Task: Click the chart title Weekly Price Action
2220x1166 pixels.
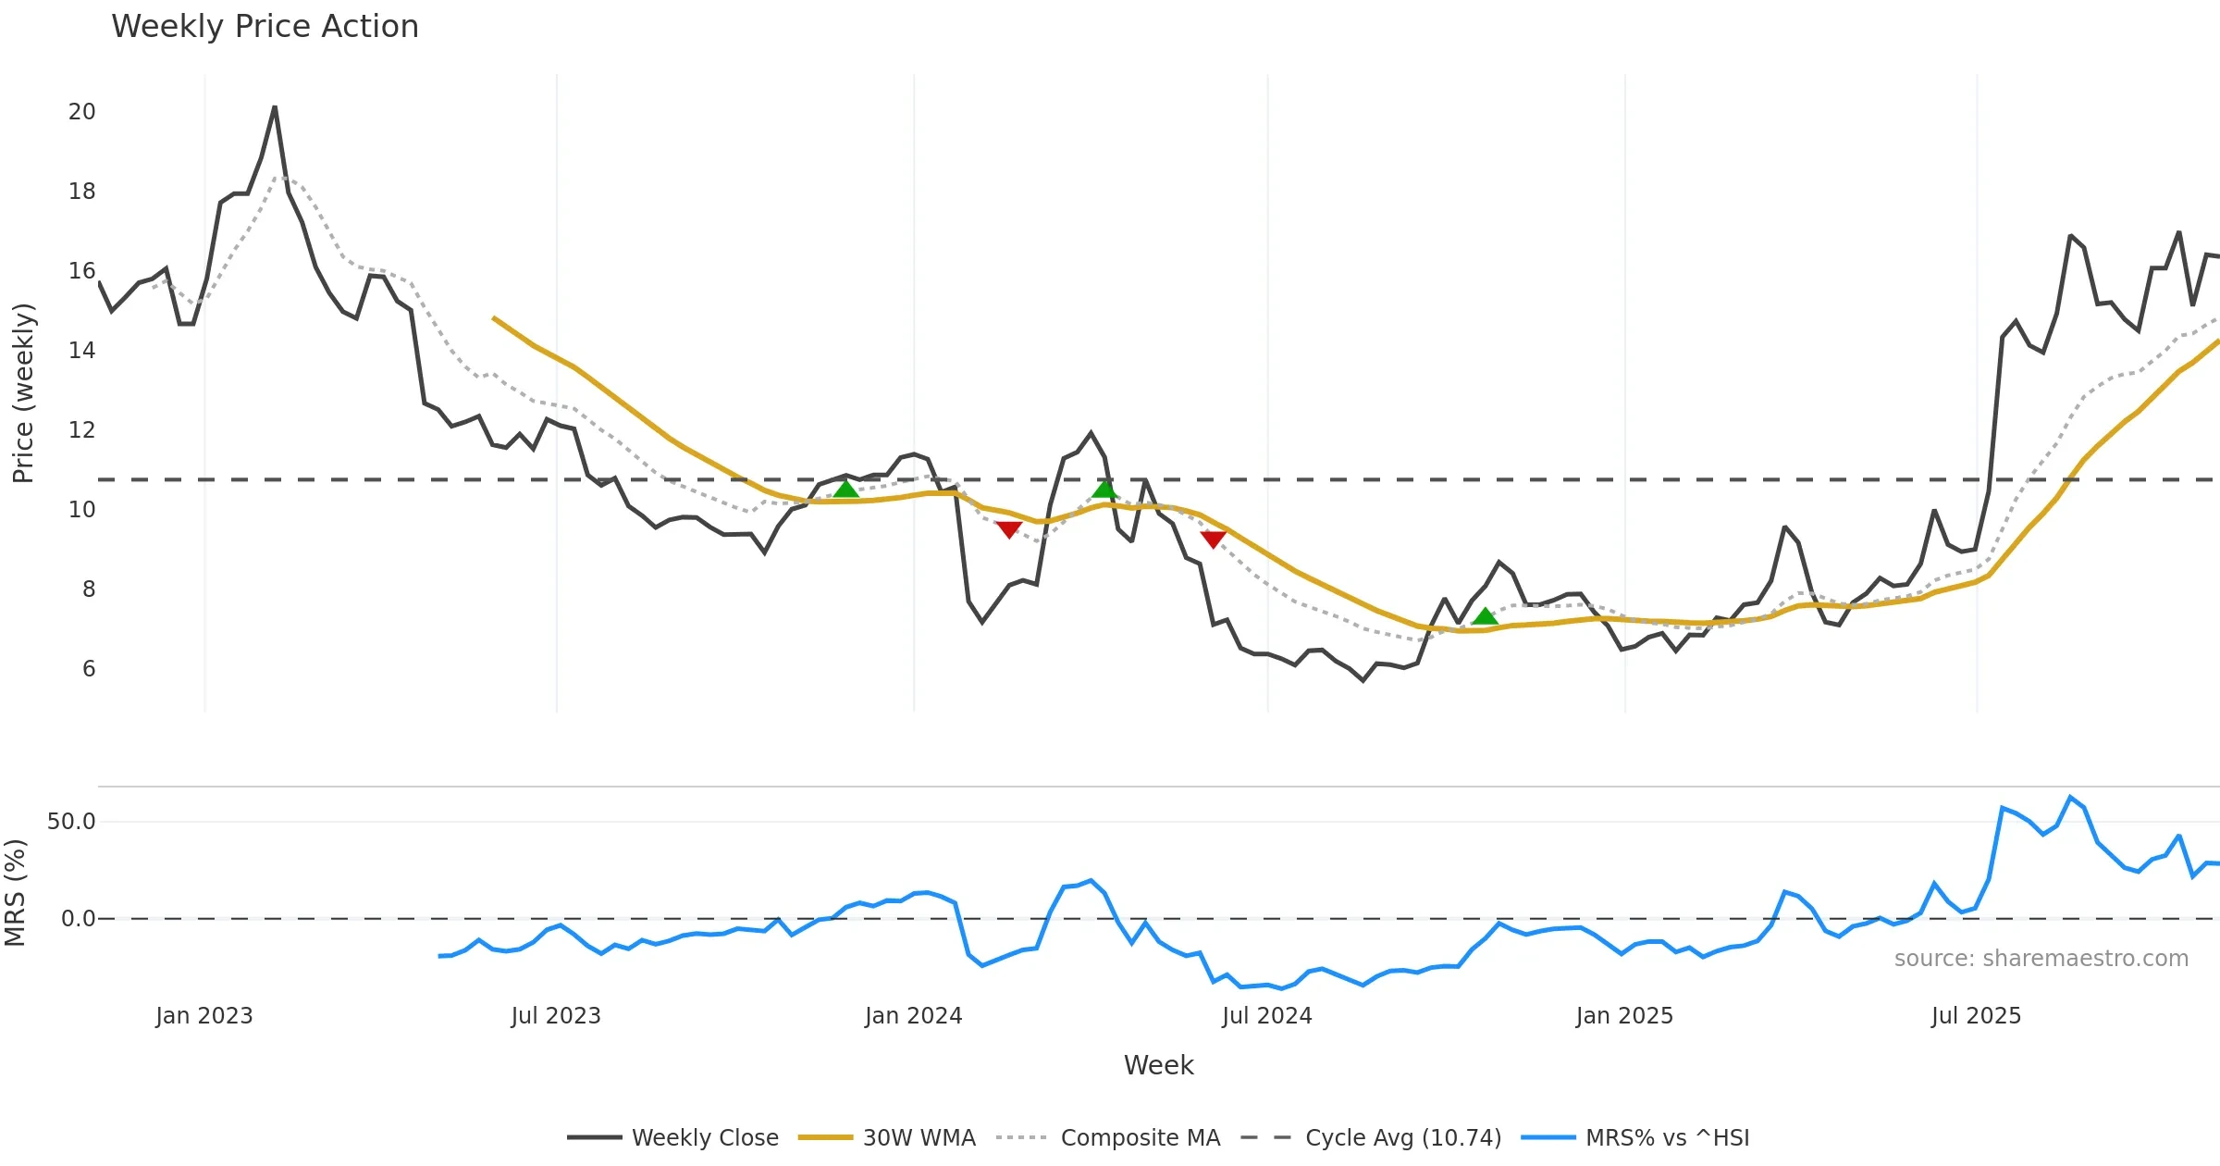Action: click(x=265, y=27)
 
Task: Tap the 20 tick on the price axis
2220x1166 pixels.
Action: click(x=81, y=112)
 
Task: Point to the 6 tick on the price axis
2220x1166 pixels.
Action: click(x=89, y=669)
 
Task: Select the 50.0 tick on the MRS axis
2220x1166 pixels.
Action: click(x=71, y=822)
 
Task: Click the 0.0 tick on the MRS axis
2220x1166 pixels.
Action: click(x=78, y=919)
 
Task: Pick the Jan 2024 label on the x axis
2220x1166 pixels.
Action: click(x=913, y=1016)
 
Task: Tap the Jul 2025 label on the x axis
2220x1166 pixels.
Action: click(x=1976, y=1016)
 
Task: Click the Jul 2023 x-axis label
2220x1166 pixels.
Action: click(x=556, y=1016)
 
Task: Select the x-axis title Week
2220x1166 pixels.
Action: click(x=1158, y=1066)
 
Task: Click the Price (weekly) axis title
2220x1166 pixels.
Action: click(x=23, y=393)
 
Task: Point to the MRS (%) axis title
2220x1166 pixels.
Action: click(x=16, y=893)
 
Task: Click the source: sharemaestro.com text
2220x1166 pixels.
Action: click(x=2041, y=959)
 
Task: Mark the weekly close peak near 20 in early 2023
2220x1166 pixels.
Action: click(x=275, y=107)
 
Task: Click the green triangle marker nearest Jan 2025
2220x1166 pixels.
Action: click(x=1485, y=616)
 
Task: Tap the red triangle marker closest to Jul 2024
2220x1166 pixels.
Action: click(x=1213, y=539)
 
